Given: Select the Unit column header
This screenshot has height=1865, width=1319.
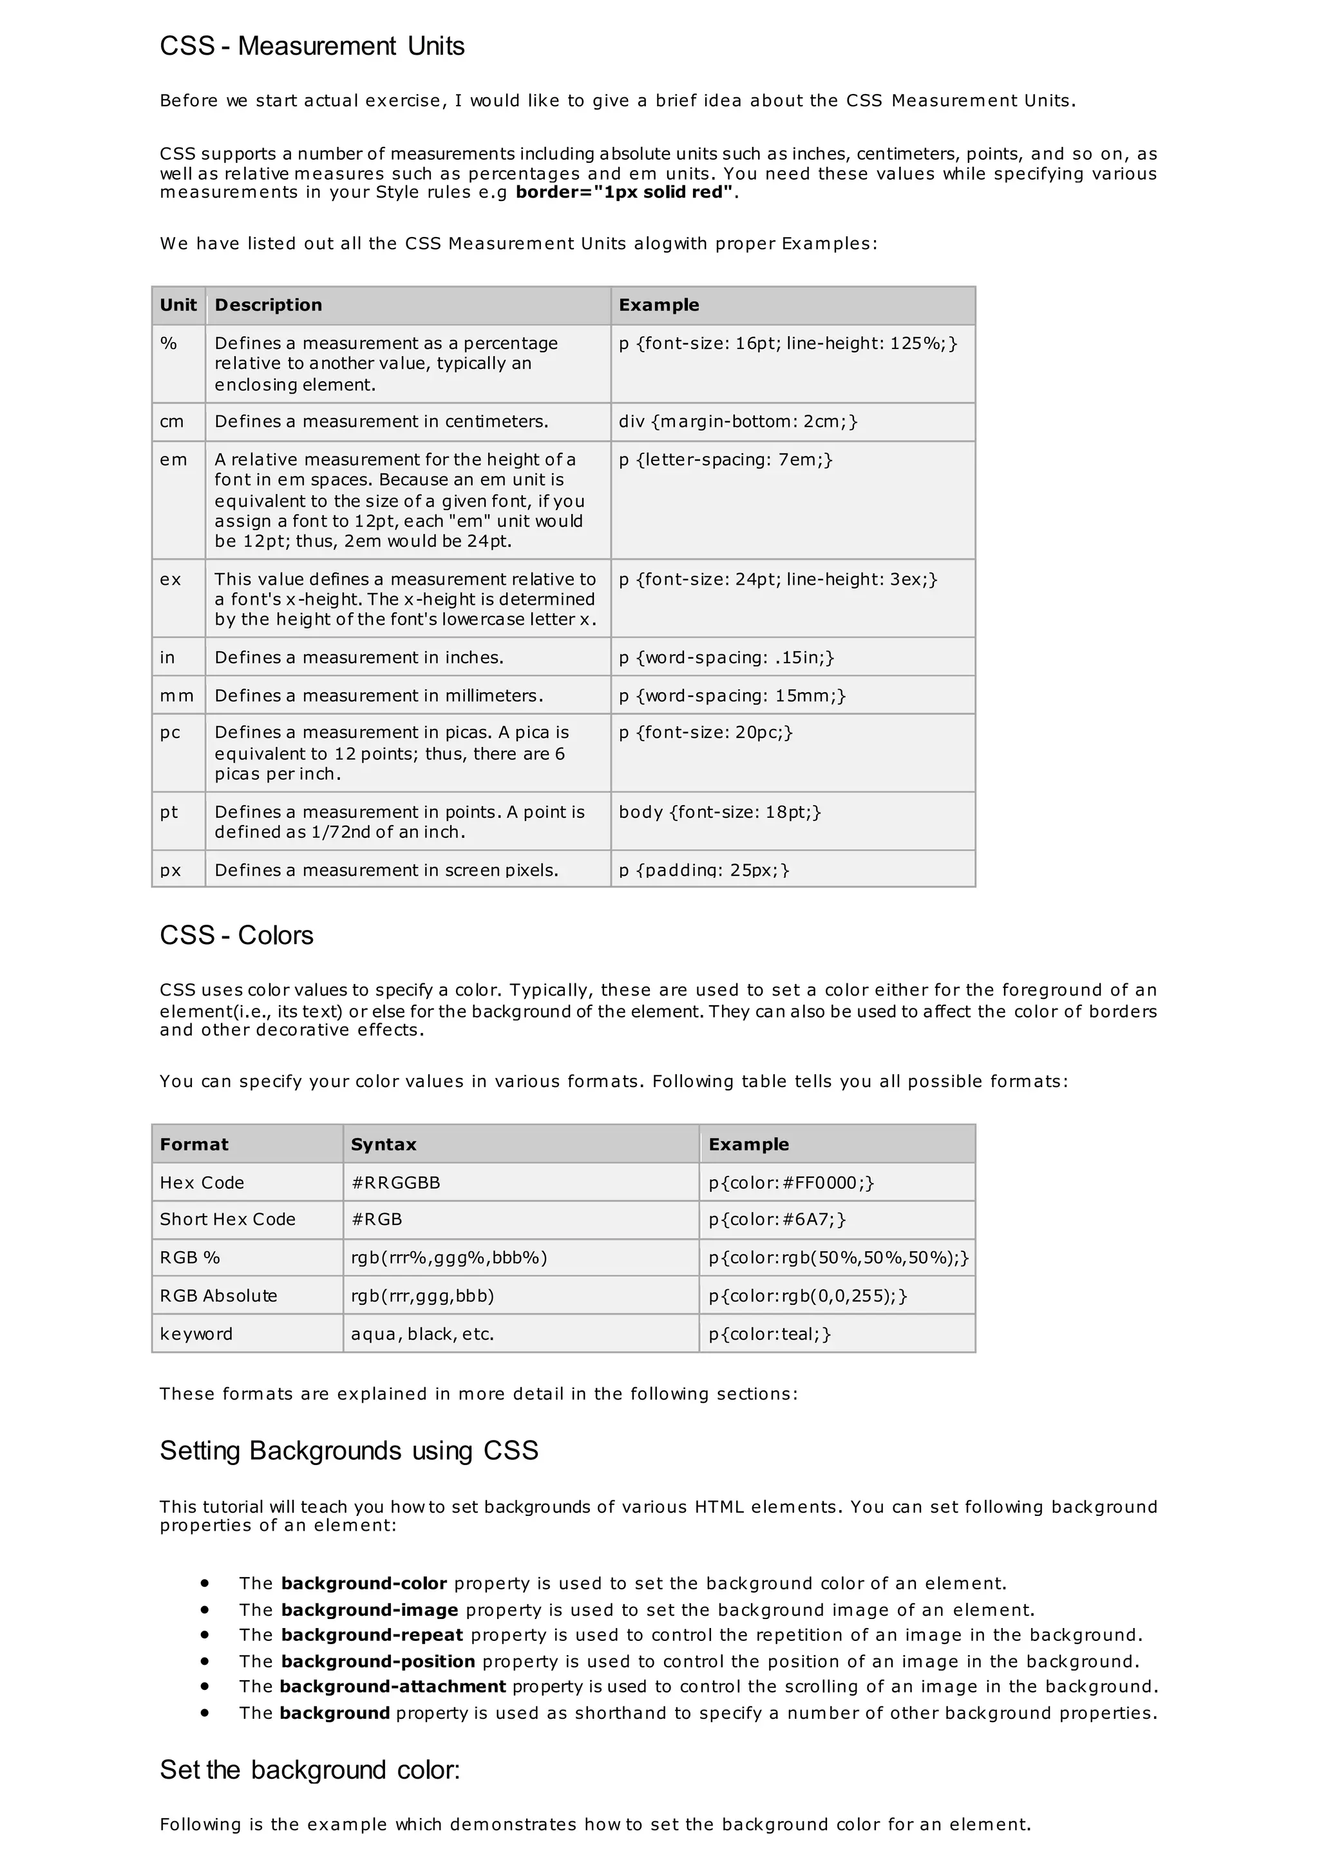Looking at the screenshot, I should (178, 305).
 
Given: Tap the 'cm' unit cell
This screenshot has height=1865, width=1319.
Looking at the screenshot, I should (172, 422).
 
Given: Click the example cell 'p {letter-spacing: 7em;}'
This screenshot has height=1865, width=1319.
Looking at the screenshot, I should (725, 460).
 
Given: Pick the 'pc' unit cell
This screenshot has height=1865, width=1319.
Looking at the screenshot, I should (170, 733).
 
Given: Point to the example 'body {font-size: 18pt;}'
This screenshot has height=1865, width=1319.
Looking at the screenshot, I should (719, 812).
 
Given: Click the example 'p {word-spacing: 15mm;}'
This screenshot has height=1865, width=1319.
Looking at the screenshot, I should (732, 696).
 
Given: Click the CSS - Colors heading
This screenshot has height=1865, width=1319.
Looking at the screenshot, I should (236, 935).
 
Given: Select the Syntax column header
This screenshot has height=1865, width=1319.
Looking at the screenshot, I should (383, 1144).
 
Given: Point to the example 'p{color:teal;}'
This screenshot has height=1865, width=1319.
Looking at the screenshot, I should (769, 1334).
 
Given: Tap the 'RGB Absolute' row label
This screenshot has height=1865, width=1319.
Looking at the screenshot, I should (218, 1296).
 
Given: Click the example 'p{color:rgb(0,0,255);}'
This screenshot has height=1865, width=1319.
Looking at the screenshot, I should (808, 1296).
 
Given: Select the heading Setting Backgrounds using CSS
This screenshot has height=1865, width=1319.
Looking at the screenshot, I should (348, 1451).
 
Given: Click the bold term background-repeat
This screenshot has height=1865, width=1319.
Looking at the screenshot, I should (372, 1635).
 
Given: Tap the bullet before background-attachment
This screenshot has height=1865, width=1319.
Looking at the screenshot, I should (205, 1687).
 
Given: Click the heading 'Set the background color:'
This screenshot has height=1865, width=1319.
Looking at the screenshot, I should (309, 1770).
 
